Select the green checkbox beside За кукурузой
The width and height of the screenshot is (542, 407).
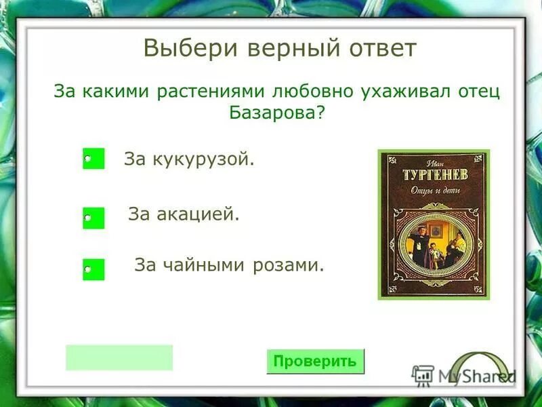click(93, 159)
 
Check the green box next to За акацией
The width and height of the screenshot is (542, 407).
click(93, 218)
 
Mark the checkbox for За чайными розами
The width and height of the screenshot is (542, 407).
click(93, 269)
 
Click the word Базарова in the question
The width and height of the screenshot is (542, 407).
click(276, 112)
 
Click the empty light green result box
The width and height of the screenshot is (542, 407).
click(119, 357)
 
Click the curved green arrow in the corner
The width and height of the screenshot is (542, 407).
click(477, 366)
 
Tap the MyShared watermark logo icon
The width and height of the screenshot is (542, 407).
click(423, 375)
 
